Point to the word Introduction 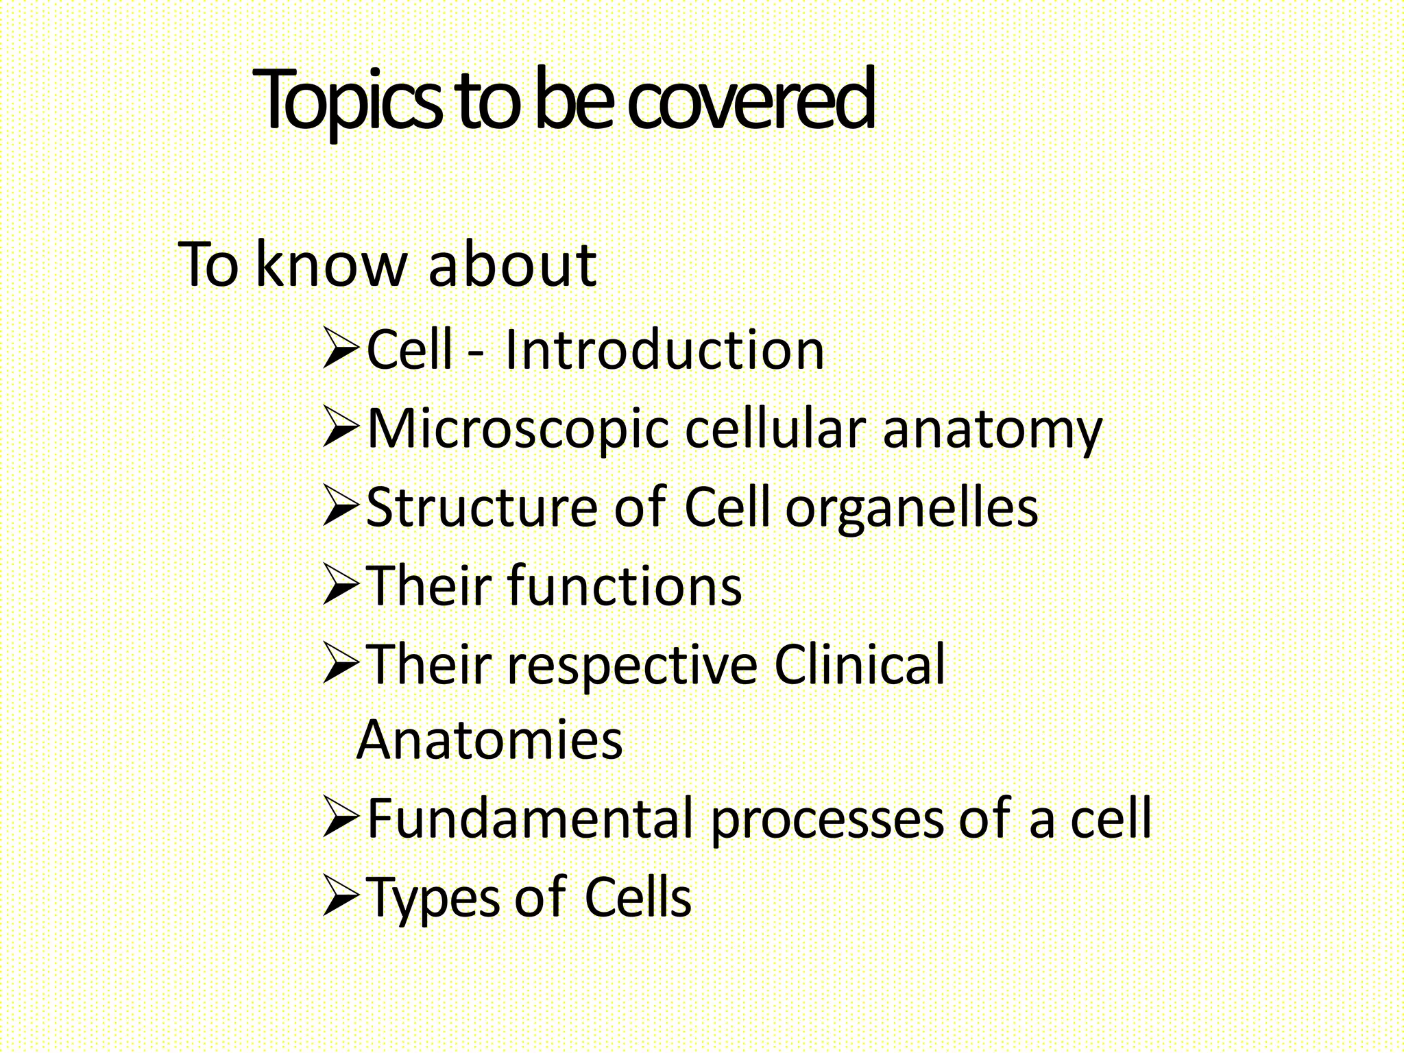(664, 350)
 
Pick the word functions (625, 587)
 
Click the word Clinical (860, 665)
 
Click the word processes (826, 821)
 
